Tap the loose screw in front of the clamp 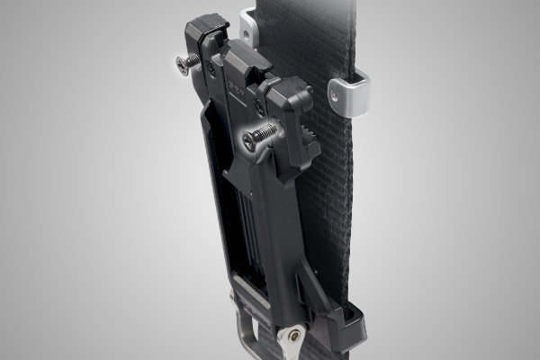[259, 135]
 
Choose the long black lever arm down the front [274, 225]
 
